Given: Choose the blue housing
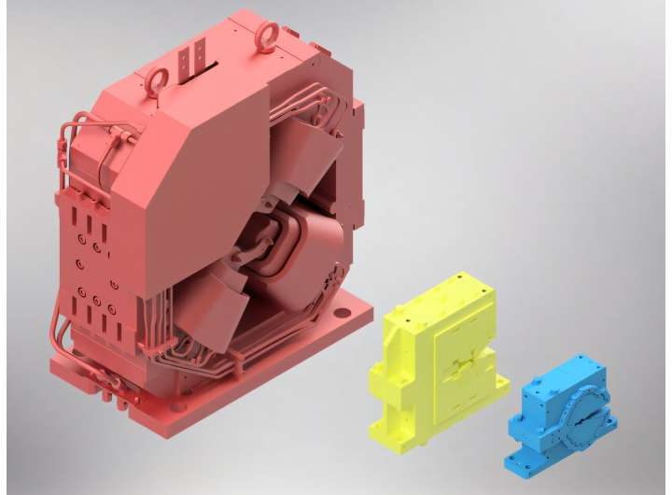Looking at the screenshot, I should [565, 411].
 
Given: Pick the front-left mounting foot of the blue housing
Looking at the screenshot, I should [519, 460].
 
